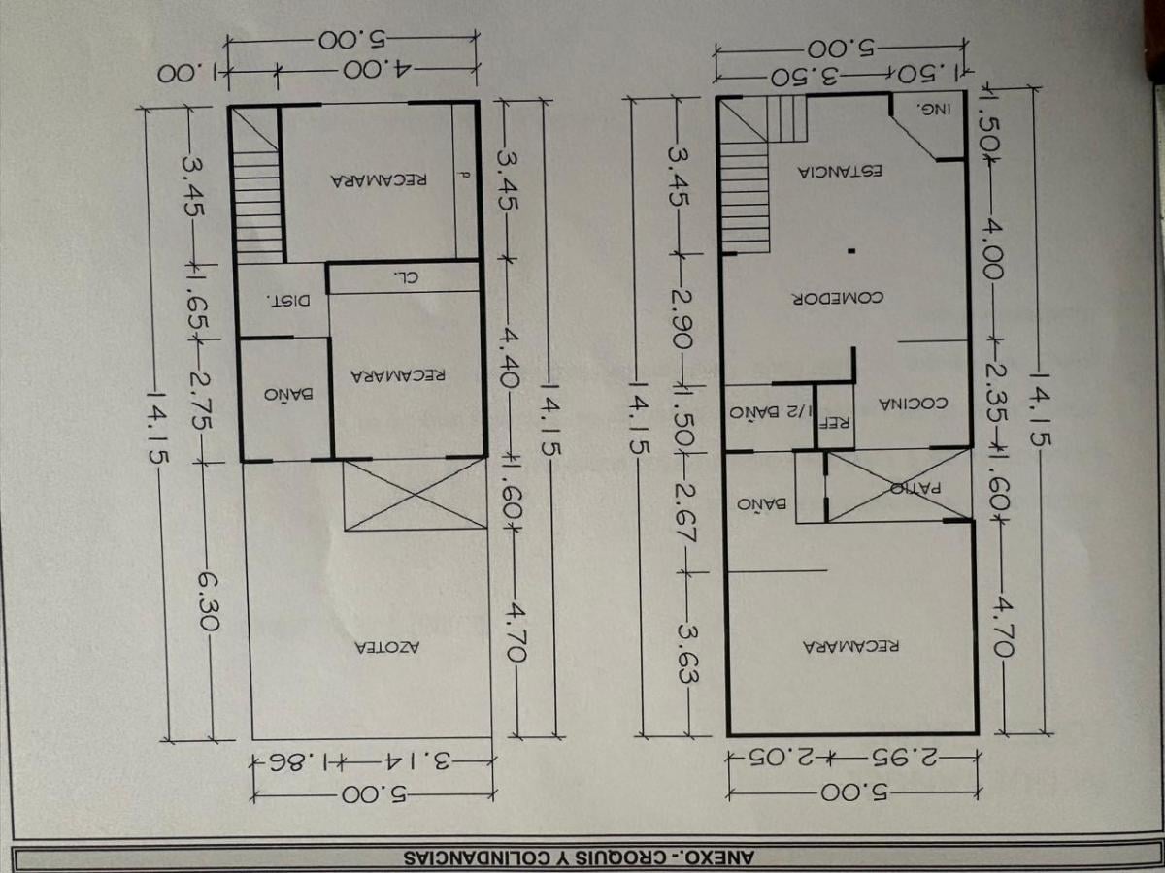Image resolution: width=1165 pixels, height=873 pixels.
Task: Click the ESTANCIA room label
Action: pos(840,172)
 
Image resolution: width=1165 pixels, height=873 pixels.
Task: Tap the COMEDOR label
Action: pos(839,298)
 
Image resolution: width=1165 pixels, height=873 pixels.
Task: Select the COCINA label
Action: pos(913,404)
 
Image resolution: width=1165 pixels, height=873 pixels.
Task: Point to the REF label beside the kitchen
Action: pos(835,424)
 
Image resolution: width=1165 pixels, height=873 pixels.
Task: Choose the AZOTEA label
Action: pos(387,647)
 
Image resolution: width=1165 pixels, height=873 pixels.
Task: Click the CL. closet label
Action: pos(407,276)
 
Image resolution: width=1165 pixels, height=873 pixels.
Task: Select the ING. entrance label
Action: pos(934,110)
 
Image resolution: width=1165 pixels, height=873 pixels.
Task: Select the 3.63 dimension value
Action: pos(688,653)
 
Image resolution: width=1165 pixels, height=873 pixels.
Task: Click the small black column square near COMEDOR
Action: pos(850,252)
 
